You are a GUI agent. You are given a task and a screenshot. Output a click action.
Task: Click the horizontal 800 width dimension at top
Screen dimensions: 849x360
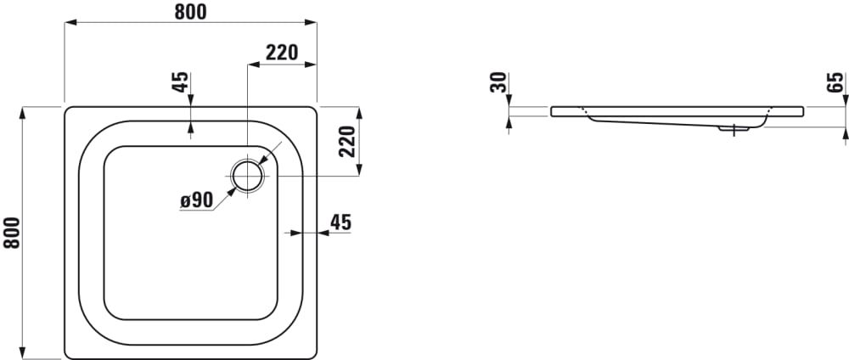click(x=190, y=12)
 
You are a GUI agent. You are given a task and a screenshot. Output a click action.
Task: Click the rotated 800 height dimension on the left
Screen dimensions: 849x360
click(x=12, y=233)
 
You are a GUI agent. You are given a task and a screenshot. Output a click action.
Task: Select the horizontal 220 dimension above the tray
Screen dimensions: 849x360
click(x=282, y=53)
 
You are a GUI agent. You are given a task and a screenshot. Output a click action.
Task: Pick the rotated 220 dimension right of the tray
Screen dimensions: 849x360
click(x=346, y=141)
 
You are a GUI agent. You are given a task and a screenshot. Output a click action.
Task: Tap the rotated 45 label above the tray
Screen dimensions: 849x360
click(x=181, y=82)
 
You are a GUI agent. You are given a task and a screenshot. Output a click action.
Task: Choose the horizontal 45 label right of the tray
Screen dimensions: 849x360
click(x=340, y=222)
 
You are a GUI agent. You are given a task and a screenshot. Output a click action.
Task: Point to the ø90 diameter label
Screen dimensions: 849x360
click(x=196, y=201)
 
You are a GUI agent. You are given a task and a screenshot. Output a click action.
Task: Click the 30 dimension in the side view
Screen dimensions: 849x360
click(x=498, y=82)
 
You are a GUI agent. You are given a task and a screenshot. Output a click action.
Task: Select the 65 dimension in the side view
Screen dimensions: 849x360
click(x=835, y=82)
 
